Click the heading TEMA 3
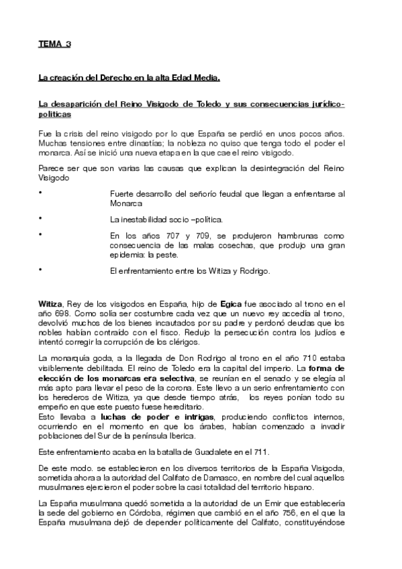coord(54,44)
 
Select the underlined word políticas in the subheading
coord(54,115)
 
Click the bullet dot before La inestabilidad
coord(40,218)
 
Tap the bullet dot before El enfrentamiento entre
coord(40,270)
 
